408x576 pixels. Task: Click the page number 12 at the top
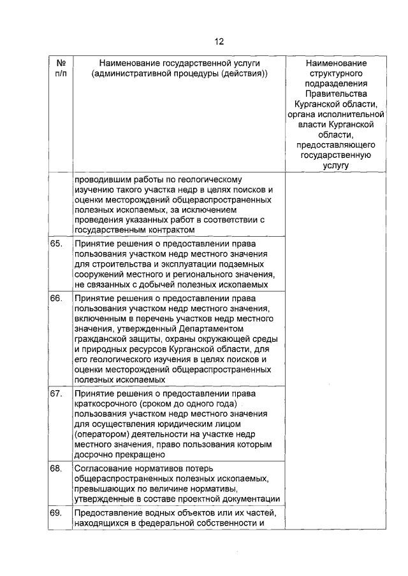click(219, 42)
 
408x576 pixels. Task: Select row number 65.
click(55, 244)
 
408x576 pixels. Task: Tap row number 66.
click(55, 298)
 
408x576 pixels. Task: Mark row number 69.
click(55, 513)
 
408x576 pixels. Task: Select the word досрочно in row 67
click(94, 455)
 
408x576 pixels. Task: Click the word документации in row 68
click(249, 499)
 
